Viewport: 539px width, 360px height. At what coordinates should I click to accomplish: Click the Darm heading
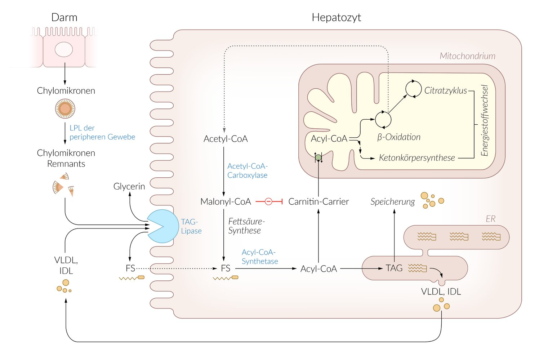tap(64, 17)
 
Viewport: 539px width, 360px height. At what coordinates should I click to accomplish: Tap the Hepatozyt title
tap(336, 17)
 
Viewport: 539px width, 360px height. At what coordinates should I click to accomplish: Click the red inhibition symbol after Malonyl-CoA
tap(269, 201)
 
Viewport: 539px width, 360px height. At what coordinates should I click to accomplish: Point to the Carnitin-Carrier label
tap(318, 201)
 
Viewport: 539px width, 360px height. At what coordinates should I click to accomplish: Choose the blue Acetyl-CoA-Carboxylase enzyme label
tap(247, 170)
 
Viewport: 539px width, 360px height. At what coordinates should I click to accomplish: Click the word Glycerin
tap(129, 186)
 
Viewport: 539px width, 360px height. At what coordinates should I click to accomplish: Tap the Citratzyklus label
tap(445, 90)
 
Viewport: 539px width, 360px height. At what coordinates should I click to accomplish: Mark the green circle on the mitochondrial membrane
tap(318, 157)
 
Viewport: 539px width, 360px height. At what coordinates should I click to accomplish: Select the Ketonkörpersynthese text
tap(417, 158)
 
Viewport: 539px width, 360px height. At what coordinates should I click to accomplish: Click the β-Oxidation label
tap(399, 137)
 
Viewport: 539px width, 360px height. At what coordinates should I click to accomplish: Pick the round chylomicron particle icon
tap(65, 108)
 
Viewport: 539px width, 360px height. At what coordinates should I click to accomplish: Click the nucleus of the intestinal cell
tap(64, 49)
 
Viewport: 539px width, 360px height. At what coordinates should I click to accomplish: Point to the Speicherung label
tap(393, 201)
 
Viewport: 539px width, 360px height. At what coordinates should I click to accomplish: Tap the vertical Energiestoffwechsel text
tap(485, 121)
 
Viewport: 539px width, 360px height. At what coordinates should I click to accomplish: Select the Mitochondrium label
tap(467, 56)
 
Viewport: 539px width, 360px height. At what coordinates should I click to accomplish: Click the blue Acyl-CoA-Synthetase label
tap(259, 257)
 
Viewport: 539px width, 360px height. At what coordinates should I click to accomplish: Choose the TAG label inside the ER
tap(394, 268)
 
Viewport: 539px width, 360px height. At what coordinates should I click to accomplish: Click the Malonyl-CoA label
tap(226, 201)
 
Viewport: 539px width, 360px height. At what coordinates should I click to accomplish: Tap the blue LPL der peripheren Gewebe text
tap(102, 132)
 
